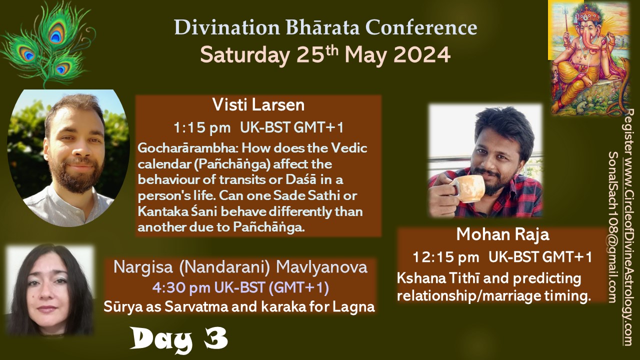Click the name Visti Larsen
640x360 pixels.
(x=258, y=105)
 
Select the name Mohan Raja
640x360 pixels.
(x=502, y=235)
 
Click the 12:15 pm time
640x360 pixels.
(x=445, y=257)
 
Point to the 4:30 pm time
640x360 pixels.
(x=181, y=287)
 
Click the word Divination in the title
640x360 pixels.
(x=227, y=27)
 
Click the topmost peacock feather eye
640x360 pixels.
(x=56, y=34)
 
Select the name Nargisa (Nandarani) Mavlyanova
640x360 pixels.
(x=240, y=267)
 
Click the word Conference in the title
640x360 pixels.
(x=421, y=27)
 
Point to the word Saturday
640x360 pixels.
(x=244, y=55)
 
